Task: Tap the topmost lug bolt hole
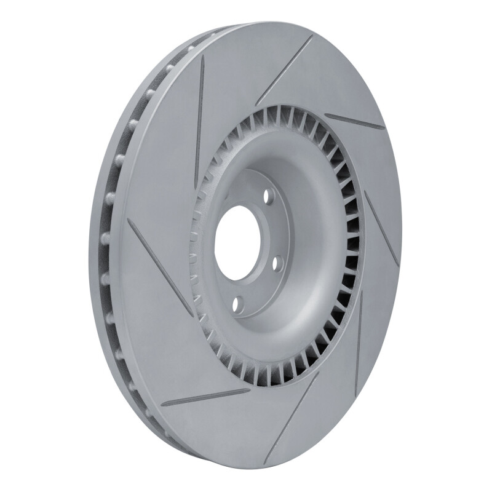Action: (x=268, y=197)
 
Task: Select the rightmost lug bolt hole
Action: (x=276, y=263)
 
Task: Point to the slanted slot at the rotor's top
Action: (x=284, y=70)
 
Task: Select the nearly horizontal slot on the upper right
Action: (x=354, y=121)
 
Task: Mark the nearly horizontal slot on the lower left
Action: (x=205, y=398)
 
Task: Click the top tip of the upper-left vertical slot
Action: (x=202, y=57)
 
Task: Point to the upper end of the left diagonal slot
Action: (x=129, y=220)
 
